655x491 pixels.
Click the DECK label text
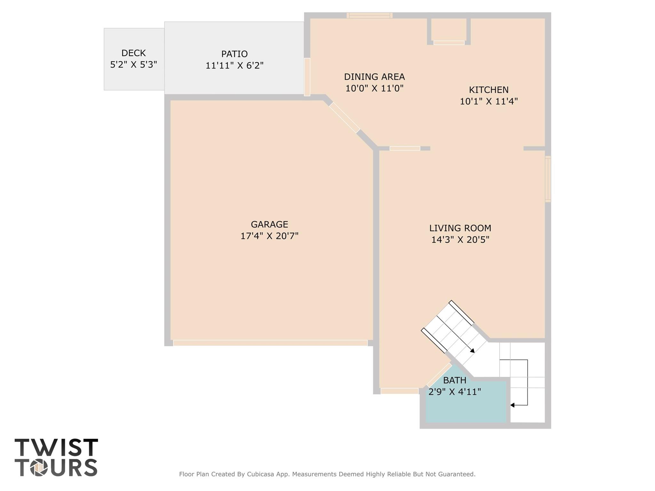click(133, 53)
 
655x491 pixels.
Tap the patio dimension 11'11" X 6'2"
click(234, 66)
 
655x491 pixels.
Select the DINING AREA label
click(374, 77)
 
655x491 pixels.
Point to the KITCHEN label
click(489, 90)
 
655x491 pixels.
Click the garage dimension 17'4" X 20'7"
click(269, 236)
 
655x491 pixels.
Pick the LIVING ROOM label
click(460, 228)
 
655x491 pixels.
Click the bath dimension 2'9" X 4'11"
click(455, 392)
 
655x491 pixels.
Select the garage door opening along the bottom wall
click(270, 343)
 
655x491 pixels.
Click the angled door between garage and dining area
click(344, 117)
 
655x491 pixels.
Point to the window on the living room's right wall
click(548, 179)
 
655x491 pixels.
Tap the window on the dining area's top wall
click(370, 15)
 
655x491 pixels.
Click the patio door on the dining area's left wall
click(307, 77)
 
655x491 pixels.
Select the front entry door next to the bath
click(399, 391)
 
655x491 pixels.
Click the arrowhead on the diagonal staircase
click(472, 351)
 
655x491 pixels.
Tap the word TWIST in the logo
click(56, 447)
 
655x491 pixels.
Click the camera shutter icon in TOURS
click(39, 468)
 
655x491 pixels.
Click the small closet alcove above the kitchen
click(449, 29)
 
